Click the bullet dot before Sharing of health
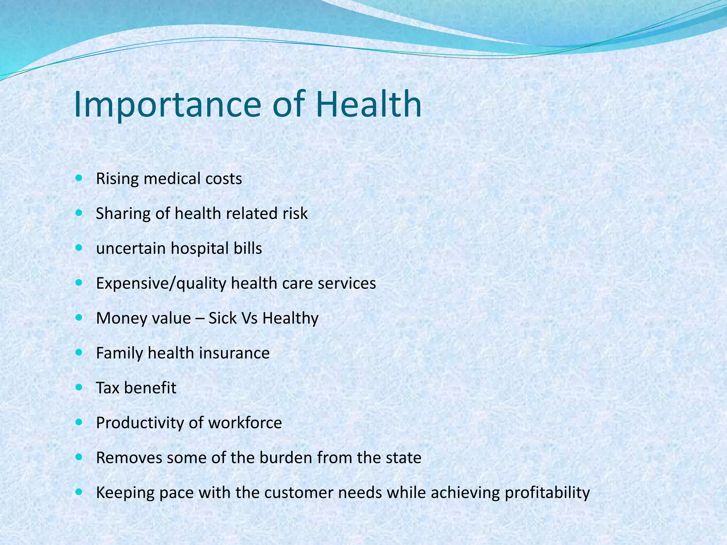79,213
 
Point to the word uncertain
130,248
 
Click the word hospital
199,248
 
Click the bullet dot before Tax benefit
79,387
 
